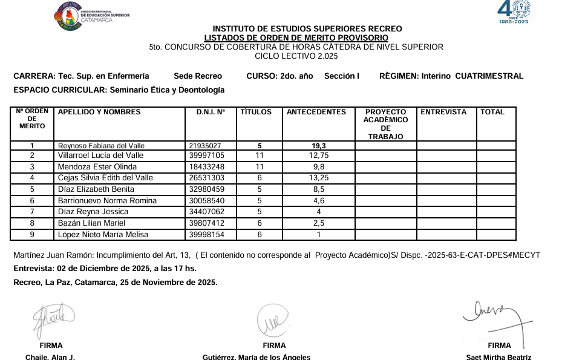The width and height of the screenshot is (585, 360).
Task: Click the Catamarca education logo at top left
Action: [91, 16]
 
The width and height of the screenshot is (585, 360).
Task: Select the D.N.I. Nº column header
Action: [210, 112]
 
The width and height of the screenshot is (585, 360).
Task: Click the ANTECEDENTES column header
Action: [316, 112]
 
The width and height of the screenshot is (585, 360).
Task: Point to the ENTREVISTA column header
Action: [443, 112]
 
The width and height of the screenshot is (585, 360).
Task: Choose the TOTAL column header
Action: [492, 112]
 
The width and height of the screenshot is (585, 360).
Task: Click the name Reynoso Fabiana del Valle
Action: [101, 146]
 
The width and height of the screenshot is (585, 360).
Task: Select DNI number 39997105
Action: [206, 155]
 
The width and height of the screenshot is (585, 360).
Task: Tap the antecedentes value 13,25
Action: [318, 178]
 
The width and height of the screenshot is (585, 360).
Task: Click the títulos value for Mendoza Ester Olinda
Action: [260, 167]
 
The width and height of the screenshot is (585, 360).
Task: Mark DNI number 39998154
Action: [206, 235]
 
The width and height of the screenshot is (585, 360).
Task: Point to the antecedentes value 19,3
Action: [319, 146]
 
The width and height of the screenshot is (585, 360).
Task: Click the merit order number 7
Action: [32, 212]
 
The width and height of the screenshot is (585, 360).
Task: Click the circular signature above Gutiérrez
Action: [275, 320]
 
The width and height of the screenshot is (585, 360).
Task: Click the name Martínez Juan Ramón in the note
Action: [50, 255]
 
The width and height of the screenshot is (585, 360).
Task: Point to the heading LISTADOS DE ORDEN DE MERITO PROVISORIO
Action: [296, 38]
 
